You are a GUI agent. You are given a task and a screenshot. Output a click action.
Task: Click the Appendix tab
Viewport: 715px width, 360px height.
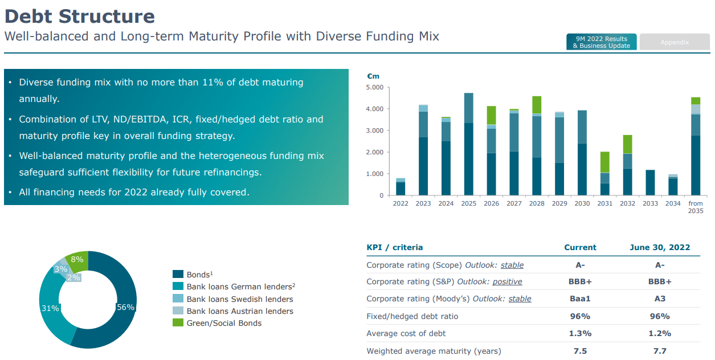coord(675,42)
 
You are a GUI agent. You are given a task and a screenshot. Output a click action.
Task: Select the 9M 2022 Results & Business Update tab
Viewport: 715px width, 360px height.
coord(602,42)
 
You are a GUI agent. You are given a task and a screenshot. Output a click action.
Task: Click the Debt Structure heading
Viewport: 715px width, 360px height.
coord(79,16)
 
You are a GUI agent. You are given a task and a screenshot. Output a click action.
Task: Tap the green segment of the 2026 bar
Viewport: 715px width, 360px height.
coord(491,115)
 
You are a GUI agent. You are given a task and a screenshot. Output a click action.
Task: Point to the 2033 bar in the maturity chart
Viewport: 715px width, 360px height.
coord(650,182)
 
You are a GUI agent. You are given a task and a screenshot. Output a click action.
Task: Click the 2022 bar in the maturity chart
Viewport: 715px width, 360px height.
coord(401,187)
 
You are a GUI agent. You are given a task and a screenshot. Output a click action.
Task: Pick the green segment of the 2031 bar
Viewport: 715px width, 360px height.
coord(604,162)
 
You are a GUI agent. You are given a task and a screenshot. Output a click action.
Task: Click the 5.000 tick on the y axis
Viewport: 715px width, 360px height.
coord(374,87)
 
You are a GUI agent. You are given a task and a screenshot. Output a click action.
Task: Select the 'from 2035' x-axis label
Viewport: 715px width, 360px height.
coord(696,207)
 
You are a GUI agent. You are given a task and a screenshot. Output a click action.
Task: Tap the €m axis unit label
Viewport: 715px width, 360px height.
coord(373,76)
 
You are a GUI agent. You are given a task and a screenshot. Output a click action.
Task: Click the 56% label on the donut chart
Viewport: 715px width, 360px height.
coord(125,307)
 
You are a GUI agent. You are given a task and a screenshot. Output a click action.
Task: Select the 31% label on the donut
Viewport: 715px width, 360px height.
coord(50,308)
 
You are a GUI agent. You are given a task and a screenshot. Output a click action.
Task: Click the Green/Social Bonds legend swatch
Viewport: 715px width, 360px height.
coord(178,323)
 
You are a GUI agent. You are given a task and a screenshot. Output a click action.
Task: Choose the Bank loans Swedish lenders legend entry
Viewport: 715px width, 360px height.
coord(240,299)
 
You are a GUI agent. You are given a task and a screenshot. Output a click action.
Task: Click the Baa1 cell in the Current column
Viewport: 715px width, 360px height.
coord(580,298)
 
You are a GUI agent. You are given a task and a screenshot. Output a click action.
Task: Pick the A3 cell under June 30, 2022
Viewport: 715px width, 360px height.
coord(660,298)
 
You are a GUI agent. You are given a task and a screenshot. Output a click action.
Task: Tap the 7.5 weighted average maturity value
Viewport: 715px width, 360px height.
coord(580,351)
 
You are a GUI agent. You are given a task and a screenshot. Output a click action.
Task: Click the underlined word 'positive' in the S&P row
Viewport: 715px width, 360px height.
coord(507,282)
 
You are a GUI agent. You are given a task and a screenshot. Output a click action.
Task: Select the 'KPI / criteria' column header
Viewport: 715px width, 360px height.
coord(395,247)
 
